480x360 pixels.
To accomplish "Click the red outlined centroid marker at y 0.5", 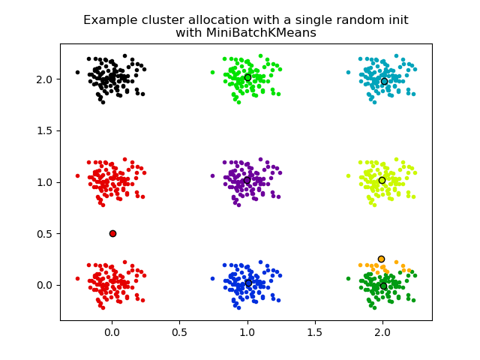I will pos(112,233).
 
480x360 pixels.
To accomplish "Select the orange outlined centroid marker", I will pos(381,259).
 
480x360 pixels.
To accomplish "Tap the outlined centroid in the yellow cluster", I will pos(382,180).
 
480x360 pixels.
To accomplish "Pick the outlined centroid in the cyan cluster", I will pos(384,81).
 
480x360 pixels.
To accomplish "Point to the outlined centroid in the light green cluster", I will pos(247,77).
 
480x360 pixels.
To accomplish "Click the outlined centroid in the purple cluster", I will pos(247,180).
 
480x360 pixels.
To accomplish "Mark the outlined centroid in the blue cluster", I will pos(248,283).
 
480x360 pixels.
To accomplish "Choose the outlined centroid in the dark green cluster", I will pos(383,286).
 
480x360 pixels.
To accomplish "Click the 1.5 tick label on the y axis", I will pos(45,130).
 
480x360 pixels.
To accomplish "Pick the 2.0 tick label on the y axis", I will pos(45,79).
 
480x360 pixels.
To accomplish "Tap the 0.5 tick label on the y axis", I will pos(45,233).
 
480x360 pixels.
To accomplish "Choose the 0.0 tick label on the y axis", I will pos(45,285).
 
